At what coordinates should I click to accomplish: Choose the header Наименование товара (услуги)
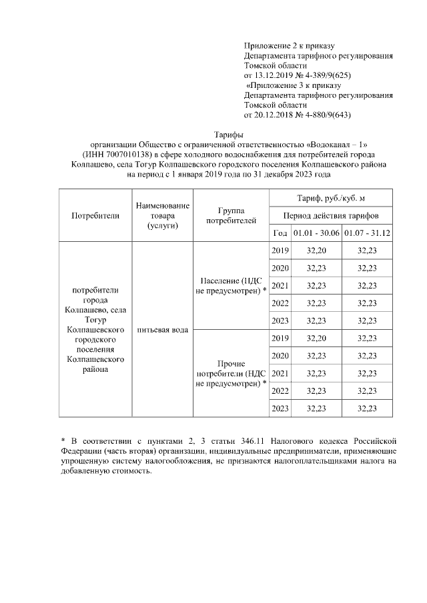[162, 215]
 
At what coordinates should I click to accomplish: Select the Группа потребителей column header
[231, 215]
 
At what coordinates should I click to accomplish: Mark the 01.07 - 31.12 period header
[366, 233]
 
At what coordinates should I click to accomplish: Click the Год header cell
[280, 233]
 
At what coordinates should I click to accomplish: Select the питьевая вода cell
[162, 330]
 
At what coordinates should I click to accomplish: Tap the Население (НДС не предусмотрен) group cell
[231, 285]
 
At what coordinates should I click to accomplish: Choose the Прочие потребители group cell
[231, 373]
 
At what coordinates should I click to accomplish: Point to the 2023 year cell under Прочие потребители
[280, 408]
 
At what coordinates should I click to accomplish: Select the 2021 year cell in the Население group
[280, 285]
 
